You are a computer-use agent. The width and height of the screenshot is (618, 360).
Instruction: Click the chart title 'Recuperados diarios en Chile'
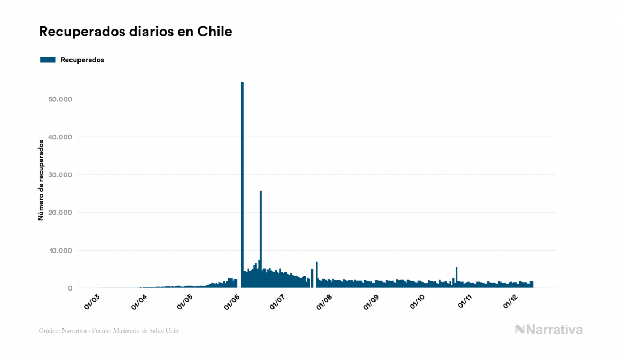point(135,32)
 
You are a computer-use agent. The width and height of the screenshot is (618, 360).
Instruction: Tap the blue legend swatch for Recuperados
point(48,60)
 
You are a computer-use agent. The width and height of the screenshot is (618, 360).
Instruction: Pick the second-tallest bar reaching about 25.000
point(261,235)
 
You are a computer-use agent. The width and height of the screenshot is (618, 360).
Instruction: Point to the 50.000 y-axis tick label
point(60,99)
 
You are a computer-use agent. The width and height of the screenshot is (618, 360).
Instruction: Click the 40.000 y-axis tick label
point(60,137)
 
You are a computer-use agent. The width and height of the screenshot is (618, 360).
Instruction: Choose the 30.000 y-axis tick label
point(60,175)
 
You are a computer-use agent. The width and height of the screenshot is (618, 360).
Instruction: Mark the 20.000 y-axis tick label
point(60,213)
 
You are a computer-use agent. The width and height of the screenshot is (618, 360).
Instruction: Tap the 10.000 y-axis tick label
point(60,251)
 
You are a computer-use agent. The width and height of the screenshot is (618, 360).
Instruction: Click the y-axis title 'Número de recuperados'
point(41,181)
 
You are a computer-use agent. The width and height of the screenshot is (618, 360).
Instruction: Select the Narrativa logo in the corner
point(549,330)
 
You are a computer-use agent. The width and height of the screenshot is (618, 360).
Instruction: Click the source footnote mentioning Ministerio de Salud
point(109,331)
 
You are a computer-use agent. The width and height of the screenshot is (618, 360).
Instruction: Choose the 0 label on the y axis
point(70,288)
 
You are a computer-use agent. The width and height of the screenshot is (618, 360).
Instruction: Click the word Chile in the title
point(215,32)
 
